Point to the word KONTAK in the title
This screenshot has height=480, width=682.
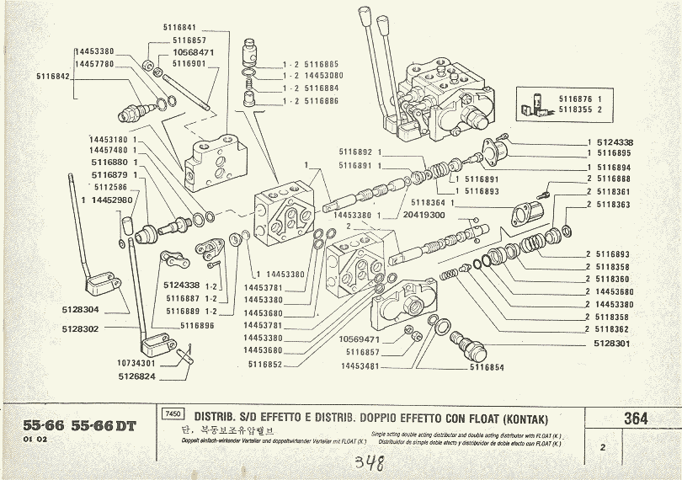[517, 417]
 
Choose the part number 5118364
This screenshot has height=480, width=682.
[430, 202]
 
